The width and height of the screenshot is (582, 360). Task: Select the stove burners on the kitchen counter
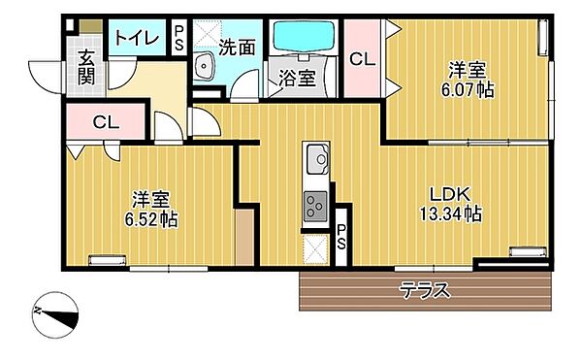tap(316, 205)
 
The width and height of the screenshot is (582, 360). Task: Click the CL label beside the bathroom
tap(361, 58)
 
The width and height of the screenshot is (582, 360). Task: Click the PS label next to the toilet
tap(180, 38)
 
